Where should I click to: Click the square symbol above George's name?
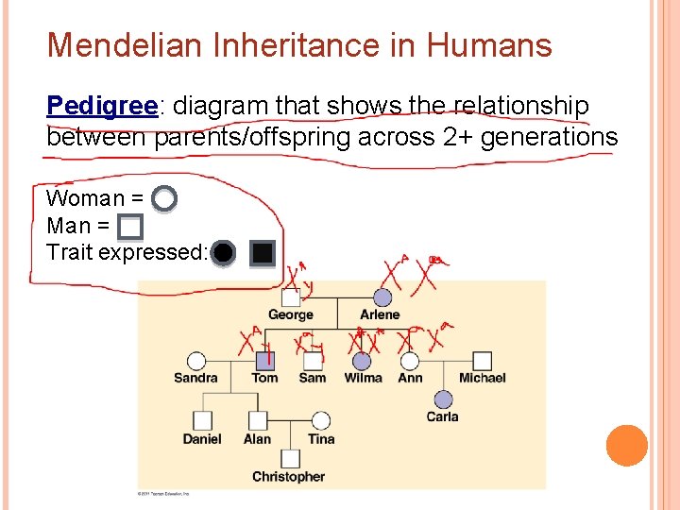tap(291, 297)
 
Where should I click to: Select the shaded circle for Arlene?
tap(381, 297)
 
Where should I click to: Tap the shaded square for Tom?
tap(265, 360)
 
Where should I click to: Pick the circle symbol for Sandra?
tap(195, 360)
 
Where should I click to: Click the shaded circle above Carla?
tap(443, 399)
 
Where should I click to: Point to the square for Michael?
tap(482, 360)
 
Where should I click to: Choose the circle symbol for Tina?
tap(321, 420)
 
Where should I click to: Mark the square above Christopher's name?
tap(289, 459)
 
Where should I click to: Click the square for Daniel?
tap(202, 420)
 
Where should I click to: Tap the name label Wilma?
tap(363, 378)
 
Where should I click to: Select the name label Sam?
tap(312, 378)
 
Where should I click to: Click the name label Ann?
tap(410, 378)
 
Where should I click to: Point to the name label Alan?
tap(257, 439)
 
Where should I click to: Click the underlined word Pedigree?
tap(101, 106)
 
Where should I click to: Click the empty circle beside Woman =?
tap(164, 198)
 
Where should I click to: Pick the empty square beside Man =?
tap(130, 227)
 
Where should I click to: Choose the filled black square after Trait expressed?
tap(263, 253)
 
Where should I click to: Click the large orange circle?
tap(626, 446)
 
